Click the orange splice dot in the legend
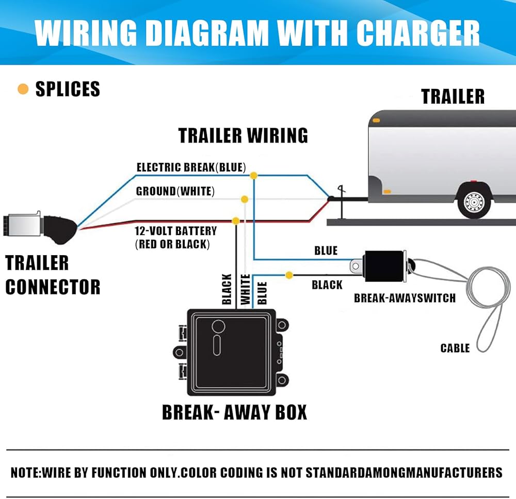pyautogui.click(x=23, y=89)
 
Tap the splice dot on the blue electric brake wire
pyautogui.click(x=253, y=176)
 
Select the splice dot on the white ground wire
pyautogui.click(x=245, y=199)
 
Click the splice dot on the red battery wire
pyautogui.click(x=236, y=221)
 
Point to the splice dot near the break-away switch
pyautogui.click(x=289, y=275)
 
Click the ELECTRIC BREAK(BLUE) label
pyautogui.click(x=191, y=167)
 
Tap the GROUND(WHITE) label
pyautogui.click(x=175, y=191)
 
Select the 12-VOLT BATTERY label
pyautogui.click(x=176, y=230)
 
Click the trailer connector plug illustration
pyautogui.click(x=40, y=227)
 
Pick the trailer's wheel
pyautogui.click(x=474, y=201)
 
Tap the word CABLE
pyautogui.click(x=455, y=348)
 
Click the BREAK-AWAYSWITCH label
pyautogui.click(x=405, y=298)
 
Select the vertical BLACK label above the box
pyautogui.click(x=227, y=289)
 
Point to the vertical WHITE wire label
pyautogui.click(x=246, y=289)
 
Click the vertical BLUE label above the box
pyautogui.click(x=262, y=293)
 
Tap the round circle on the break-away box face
pyautogui.click(x=218, y=326)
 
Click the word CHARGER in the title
pyautogui.click(x=418, y=33)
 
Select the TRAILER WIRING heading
pyautogui.click(x=243, y=135)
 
